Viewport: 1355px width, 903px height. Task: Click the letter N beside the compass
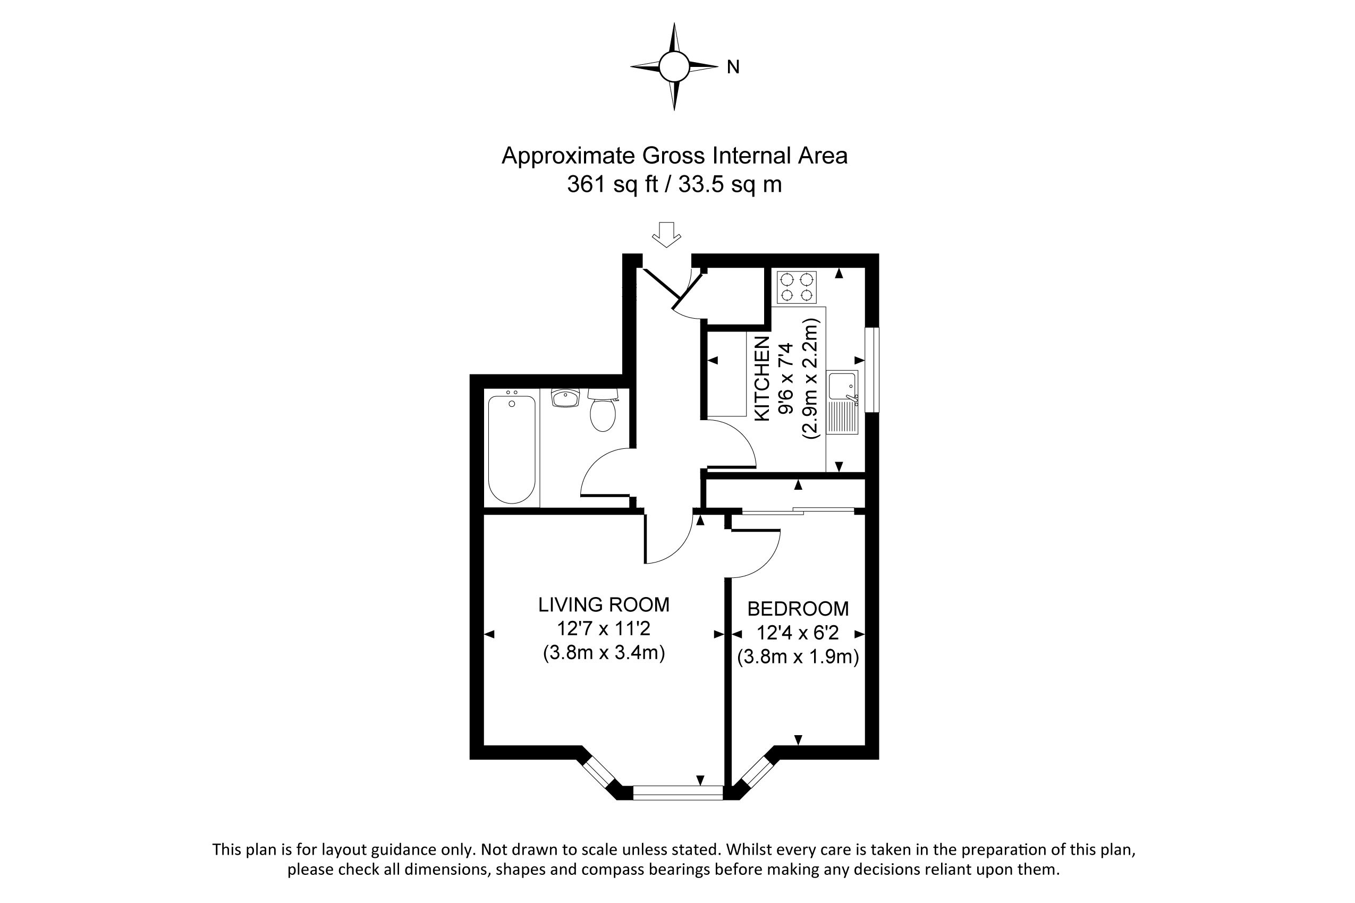(x=733, y=67)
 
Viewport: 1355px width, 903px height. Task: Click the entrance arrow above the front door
(x=666, y=234)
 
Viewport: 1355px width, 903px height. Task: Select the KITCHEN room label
(x=761, y=378)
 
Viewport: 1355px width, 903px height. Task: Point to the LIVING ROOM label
(x=604, y=604)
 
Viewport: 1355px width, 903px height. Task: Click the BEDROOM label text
(x=798, y=609)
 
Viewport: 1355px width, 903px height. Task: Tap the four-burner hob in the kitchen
(x=797, y=287)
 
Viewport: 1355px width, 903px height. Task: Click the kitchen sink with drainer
(x=843, y=402)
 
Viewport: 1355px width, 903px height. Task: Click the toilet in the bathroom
(x=603, y=410)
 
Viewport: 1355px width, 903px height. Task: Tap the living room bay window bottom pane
(x=678, y=793)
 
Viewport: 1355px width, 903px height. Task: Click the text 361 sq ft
(x=612, y=184)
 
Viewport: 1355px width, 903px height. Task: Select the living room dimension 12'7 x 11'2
(x=604, y=628)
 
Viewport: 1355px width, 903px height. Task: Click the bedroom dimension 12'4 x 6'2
(x=798, y=633)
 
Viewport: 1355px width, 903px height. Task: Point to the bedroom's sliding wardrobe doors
(x=798, y=510)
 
